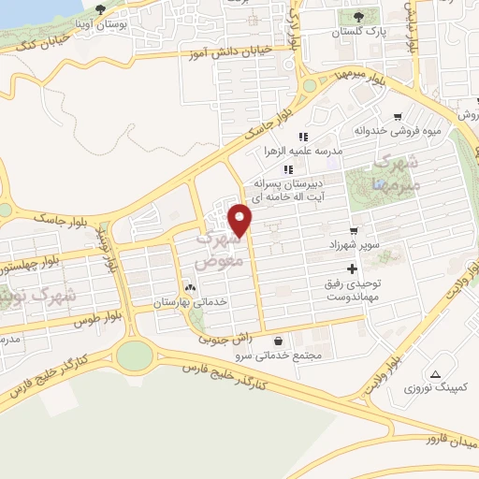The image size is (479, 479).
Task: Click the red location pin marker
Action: click(x=241, y=220)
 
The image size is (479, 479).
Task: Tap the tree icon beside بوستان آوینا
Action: click(x=100, y=10)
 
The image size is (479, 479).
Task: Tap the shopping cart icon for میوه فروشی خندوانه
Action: click(x=399, y=117)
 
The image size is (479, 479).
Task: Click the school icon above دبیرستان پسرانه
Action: click(x=288, y=169)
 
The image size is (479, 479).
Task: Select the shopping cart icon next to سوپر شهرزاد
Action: click(x=354, y=231)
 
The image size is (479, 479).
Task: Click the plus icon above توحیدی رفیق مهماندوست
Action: click(x=352, y=269)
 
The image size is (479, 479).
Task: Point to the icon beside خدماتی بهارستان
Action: click(x=190, y=288)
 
